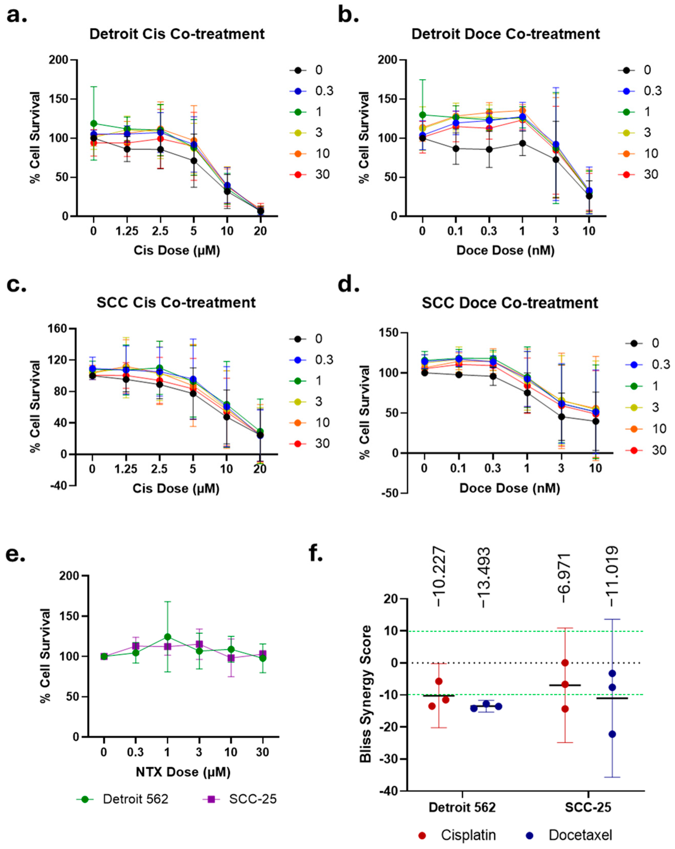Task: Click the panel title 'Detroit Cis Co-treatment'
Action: click(x=177, y=34)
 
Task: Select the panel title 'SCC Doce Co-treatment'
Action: click(x=510, y=303)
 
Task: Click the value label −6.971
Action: click(x=565, y=578)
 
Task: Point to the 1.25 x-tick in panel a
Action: click(x=127, y=231)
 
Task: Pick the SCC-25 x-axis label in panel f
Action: click(x=588, y=808)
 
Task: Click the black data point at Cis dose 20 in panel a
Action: click(x=260, y=211)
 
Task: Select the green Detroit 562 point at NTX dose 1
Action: click(x=167, y=637)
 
